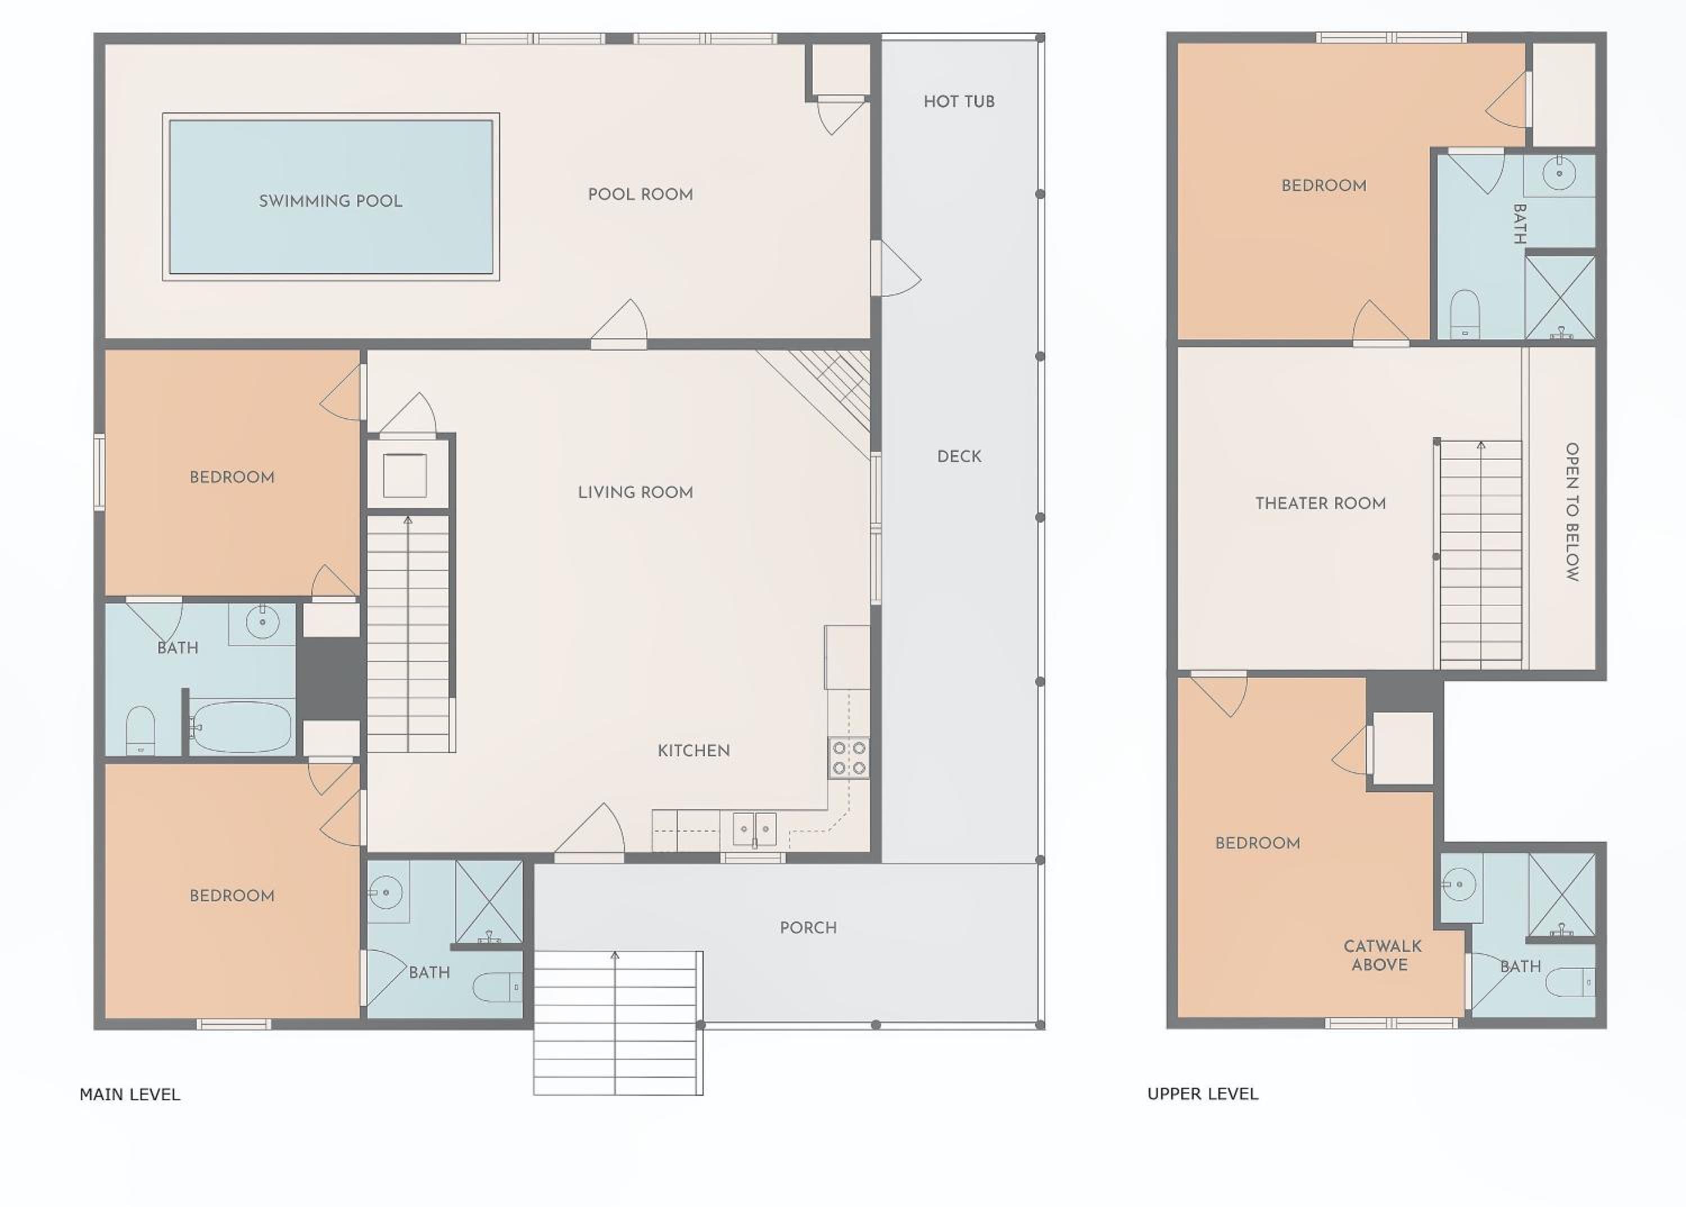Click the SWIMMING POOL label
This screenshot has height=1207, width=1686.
331,201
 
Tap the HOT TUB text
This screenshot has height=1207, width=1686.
959,102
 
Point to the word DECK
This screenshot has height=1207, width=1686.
959,456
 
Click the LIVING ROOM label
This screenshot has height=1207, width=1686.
636,492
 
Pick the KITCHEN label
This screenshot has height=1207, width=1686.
694,751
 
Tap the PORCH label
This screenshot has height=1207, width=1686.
808,928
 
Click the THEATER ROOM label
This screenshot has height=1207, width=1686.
1320,503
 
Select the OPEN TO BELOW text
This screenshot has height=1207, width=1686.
1571,511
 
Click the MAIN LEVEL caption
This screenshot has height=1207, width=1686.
130,1094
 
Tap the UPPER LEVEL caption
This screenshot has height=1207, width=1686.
1203,1093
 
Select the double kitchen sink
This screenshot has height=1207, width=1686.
755,829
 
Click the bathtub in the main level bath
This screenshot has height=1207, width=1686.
240,727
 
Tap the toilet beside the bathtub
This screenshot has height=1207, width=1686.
140,730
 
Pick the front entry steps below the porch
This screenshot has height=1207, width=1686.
618,1022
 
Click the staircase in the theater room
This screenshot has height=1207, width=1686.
1481,553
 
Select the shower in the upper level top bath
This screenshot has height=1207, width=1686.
1560,298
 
